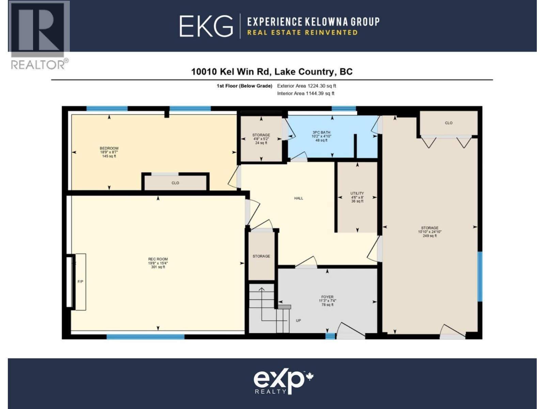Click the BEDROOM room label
click(x=109, y=149)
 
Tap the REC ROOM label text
click(x=158, y=259)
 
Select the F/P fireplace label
click(x=80, y=282)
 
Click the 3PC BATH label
click(x=321, y=133)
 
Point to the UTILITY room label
click(x=357, y=193)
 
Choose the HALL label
click(x=299, y=198)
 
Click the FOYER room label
click(x=327, y=297)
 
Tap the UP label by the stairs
click(x=298, y=321)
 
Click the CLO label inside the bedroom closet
click(x=175, y=183)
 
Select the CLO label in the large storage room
click(x=449, y=123)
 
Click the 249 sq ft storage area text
click(x=430, y=236)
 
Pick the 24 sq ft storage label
click(x=261, y=143)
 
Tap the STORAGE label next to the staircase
click(x=261, y=256)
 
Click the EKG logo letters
click(x=206, y=26)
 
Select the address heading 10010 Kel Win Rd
click(x=271, y=72)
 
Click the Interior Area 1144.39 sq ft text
click(x=306, y=93)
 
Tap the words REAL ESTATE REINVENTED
click(x=302, y=33)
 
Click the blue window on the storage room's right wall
click(x=480, y=276)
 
